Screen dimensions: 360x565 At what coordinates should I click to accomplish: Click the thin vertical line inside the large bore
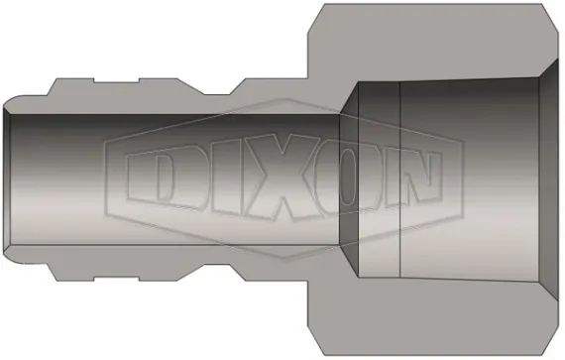[398, 180]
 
